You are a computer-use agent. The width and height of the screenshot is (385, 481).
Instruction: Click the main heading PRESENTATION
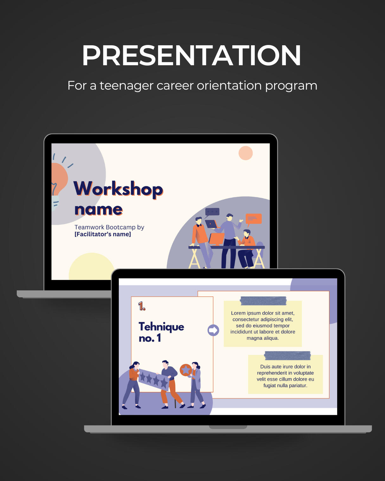[191, 55]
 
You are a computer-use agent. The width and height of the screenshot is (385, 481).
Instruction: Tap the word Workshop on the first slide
[118, 189]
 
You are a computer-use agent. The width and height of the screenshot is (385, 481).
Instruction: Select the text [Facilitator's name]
[103, 234]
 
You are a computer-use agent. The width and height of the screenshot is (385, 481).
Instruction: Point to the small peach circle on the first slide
[246, 153]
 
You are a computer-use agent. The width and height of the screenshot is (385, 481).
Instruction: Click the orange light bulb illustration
[59, 179]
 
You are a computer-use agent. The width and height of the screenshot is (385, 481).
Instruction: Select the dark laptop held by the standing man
[211, 224]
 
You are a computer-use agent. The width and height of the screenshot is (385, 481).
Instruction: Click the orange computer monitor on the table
[216, 239]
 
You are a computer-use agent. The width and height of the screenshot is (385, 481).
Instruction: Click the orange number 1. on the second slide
[142, 306]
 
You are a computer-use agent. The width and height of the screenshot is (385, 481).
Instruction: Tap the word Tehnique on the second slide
[161, 327]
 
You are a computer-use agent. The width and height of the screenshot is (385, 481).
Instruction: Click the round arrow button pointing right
[213, 330]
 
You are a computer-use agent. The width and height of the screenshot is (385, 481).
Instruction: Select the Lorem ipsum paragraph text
[263, 326]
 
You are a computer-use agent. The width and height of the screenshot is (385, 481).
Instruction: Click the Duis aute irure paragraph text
[285, 376]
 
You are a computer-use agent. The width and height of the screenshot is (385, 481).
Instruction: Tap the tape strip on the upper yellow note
[263, 301]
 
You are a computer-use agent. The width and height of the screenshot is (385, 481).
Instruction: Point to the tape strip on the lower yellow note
[287, 356]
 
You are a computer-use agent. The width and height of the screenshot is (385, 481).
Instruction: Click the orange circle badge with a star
[186, 370]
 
